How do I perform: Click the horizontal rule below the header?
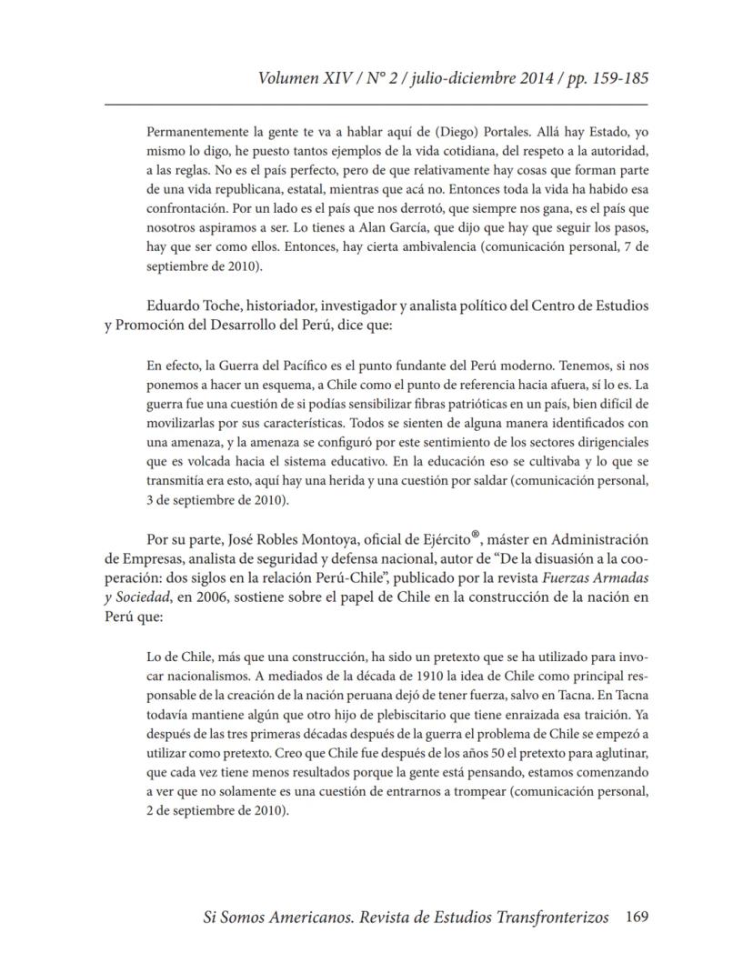[376, 105]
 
